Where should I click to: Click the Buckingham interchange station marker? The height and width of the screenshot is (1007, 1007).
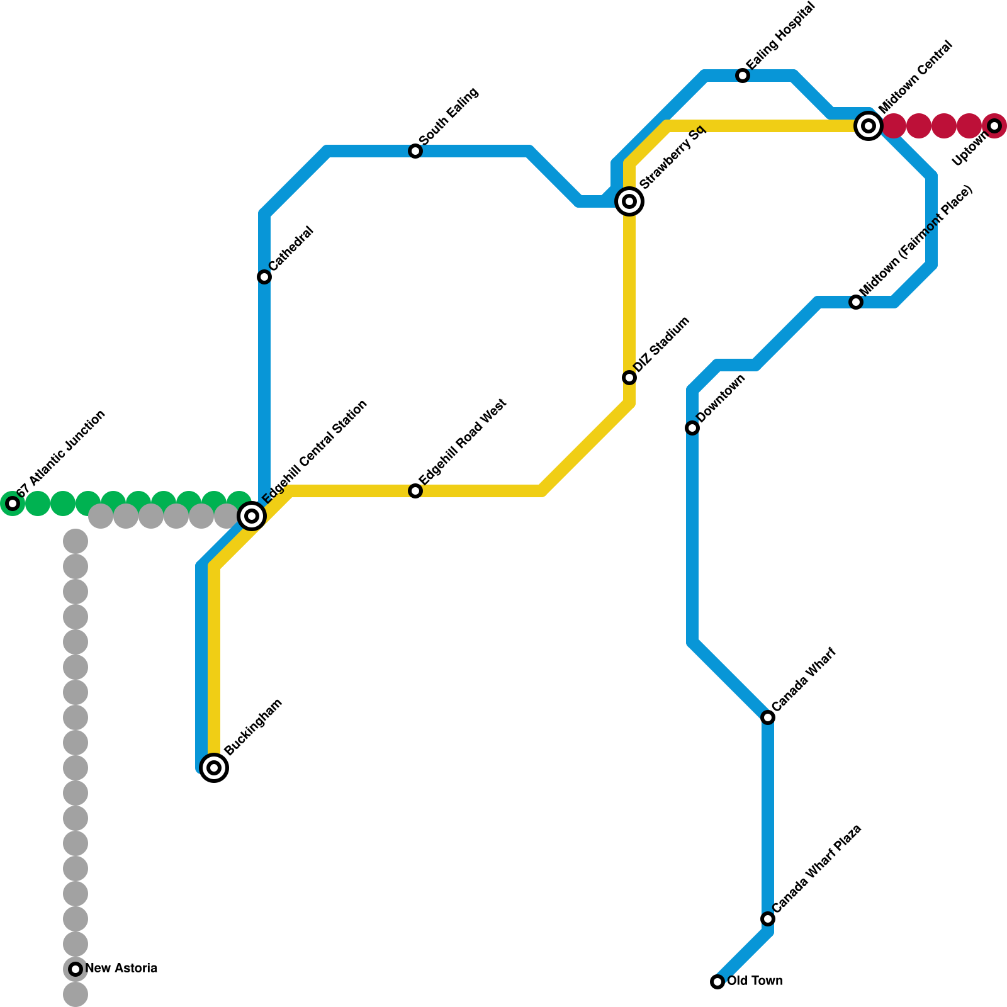(x=214, y=768)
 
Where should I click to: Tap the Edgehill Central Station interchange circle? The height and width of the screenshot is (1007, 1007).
(x=252, y=516)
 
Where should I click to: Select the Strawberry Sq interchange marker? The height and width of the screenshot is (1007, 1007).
(x=629, y=201)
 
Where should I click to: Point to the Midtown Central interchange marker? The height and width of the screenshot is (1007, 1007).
(x=869, y=126)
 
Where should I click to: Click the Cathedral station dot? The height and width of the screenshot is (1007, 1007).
(x=264, y=277)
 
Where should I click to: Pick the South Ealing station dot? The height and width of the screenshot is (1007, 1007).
(x=415, y=151)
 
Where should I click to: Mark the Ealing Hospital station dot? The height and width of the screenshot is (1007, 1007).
(x=743, y=76)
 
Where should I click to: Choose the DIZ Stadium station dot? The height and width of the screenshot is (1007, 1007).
(x=629, y=378)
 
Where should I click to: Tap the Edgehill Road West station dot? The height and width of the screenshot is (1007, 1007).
(x=415, y=491)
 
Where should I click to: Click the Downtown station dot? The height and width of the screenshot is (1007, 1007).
(x=692, y=428)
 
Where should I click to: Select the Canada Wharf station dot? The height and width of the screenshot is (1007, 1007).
(x=768, y=717)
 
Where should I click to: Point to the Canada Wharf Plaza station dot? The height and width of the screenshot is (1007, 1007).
(x=768, y=919)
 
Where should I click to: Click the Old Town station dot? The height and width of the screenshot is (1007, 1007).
(x=717, y=982)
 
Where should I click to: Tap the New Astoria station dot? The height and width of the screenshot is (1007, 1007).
(x=76, y=969)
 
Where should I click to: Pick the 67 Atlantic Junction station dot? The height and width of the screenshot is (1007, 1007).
(x=13, y=503)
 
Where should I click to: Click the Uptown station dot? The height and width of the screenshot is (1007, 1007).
(x=994, y=126)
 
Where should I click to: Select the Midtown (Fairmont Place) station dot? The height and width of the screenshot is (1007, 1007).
(x=856, y=302)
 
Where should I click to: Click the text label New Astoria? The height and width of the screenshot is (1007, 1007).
(x=121, y=969)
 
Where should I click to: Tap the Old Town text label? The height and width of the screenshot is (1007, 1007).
(x=755, y=981)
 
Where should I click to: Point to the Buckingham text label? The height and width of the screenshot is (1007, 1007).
(x=253, y=728)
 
